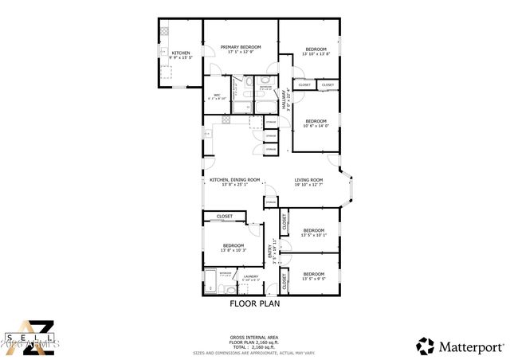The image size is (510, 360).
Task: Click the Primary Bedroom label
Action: (240, 49)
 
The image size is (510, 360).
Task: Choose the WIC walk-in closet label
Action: (217, 96)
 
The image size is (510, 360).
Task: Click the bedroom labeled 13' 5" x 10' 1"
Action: (314, 233)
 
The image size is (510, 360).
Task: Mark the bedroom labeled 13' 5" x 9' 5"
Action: (314, 276)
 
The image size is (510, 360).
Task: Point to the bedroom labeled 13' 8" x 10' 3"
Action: (233, 248)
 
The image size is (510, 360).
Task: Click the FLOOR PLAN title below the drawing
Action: (253, 303)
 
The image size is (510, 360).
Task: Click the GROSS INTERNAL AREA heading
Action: (253, 337)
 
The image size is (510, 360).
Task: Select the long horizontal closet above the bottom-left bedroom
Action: (225, 216)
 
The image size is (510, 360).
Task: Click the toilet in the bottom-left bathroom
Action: (210, 286)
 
